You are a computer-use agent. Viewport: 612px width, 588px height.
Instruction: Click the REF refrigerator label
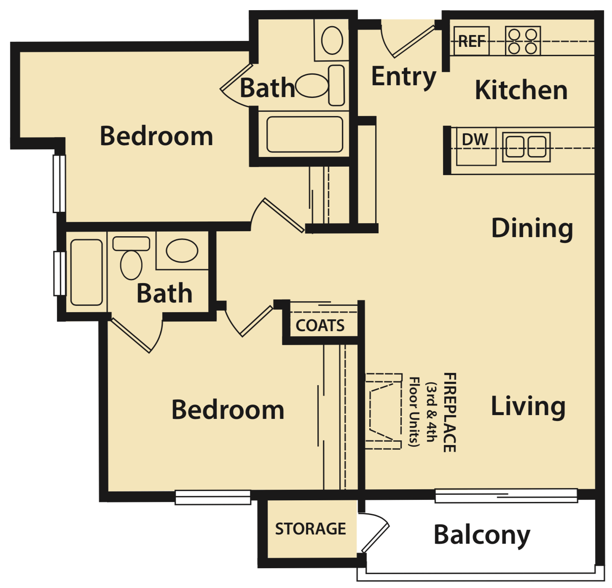(471, 41)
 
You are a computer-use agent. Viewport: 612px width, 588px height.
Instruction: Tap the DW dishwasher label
(475, 140)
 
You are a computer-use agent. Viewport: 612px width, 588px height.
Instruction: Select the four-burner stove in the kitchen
(523, 41)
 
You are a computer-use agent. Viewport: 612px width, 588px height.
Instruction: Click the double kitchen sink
(526, 147)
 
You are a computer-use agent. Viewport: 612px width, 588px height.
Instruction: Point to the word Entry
(403, 77)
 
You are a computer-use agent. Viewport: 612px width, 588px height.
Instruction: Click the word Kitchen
(521, 90)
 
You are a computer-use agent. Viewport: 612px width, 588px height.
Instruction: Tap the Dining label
(532, 228)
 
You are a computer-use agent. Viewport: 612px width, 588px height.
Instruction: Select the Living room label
(528, 406)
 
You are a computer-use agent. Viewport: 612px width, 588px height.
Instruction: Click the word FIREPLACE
(450, 413)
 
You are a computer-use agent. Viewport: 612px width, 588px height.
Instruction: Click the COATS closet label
(320, 326)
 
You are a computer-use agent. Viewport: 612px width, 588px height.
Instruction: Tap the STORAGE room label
(310, 529)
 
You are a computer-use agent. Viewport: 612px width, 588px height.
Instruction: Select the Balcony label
(482, 535)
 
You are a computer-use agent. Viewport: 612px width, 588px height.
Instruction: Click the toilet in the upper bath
(320, 85)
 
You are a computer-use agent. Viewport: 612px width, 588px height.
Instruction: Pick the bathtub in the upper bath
(305, 134)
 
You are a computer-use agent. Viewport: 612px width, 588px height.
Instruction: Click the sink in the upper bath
(332, 40)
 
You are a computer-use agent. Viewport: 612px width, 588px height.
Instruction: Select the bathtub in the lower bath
(86, 272)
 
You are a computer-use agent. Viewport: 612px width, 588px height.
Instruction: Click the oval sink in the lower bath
(182, 251)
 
